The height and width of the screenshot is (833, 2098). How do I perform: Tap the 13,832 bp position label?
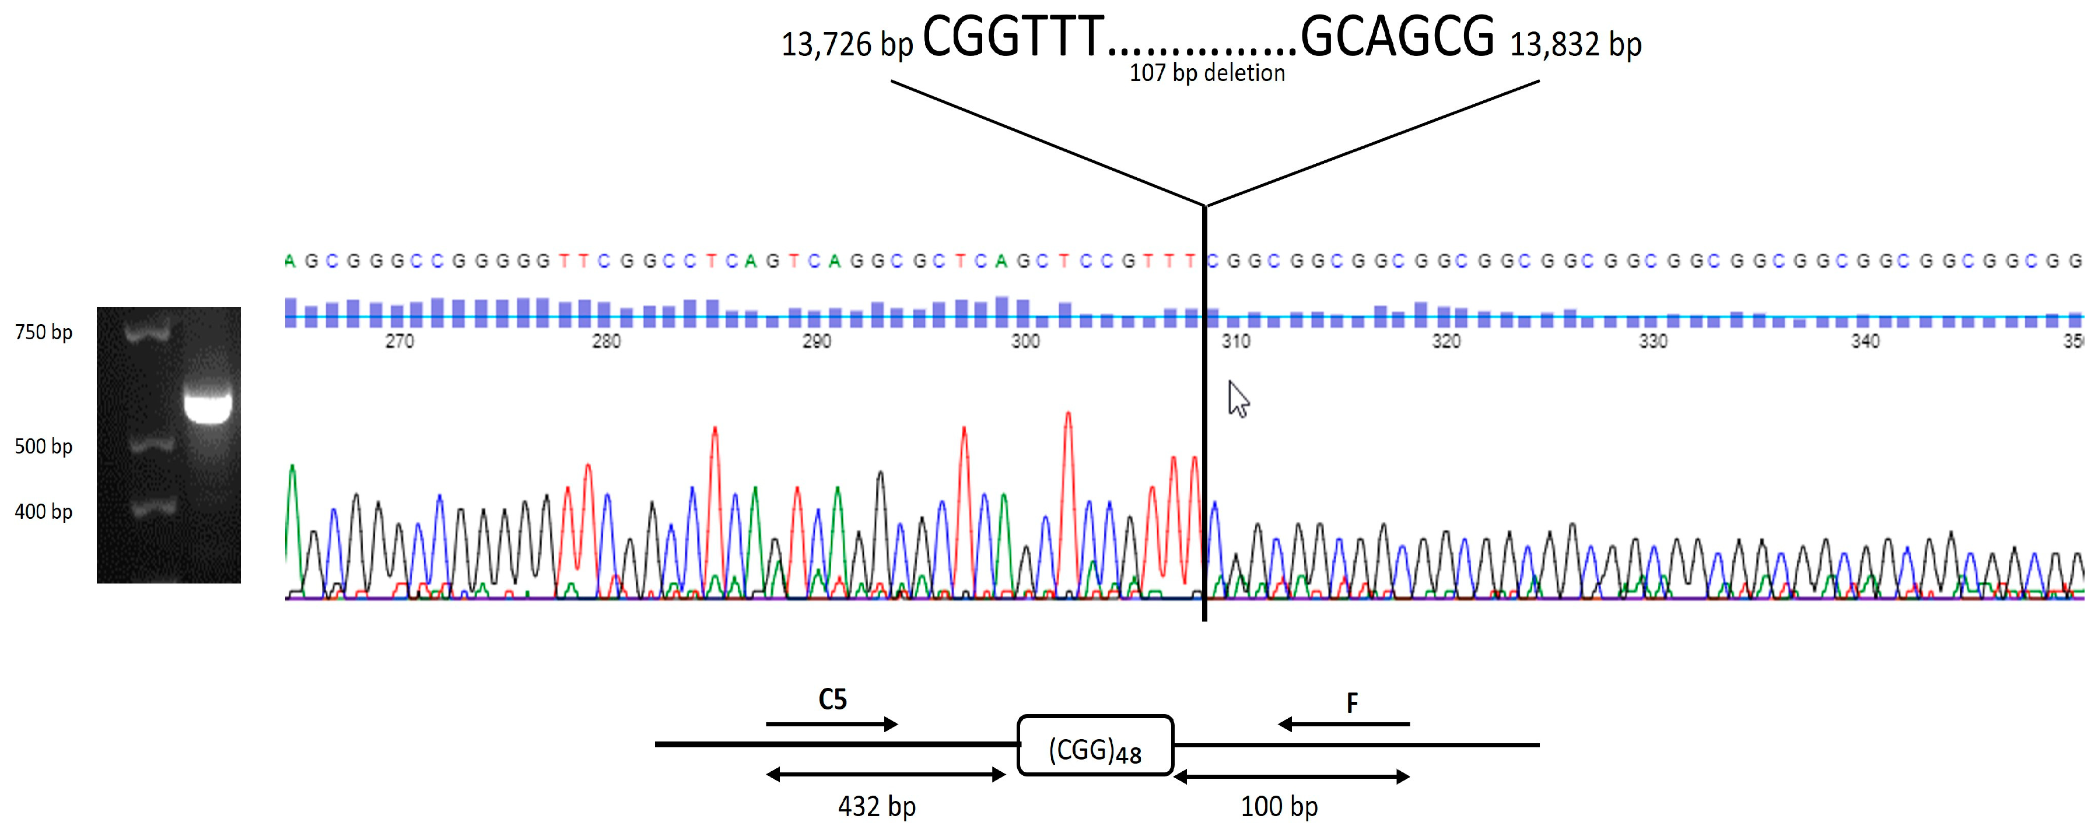click(x=1575, y=45)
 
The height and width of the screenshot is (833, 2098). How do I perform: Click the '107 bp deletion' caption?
click(x=1206, y=73)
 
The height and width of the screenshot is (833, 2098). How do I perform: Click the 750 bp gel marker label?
click(x=44, y=332)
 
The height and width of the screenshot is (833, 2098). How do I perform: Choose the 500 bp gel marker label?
click(x=44, y=446)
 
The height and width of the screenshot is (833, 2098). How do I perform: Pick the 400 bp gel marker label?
click(x=44, y=511)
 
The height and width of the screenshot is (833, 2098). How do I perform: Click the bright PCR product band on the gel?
click(x=208, y=407)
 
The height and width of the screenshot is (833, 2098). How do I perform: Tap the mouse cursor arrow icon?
click(x=1238, y=399)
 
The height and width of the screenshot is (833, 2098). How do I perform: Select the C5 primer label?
click(x=832, y=700)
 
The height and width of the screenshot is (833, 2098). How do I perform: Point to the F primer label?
click(x=1352, y=703)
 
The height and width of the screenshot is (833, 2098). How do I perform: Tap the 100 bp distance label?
click(x=1279, y=806)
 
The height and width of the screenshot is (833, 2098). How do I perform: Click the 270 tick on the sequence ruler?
click(x=399, y=341)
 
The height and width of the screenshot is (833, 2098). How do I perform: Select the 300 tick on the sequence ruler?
click(x=1025, y=341)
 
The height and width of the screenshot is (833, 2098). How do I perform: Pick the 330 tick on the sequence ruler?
click(x=1654, y=341)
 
